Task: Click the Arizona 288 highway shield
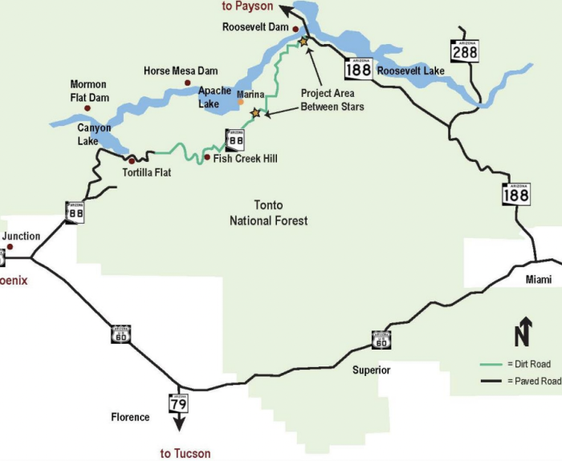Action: pyautogui.click(x=465, y=51)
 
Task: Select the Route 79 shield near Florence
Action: pyautogui.click(x=177, y=402)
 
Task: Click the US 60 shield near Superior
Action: pyautogui.click(x=382, y=340)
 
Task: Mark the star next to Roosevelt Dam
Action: pyautogui.click(x=303, y=40)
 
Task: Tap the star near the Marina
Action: pyautogui.click(x=256, y=113)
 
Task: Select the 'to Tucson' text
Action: pyautogui.click(x=185, y=453)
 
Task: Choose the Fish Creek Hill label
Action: pyautogui.click(x=245, y=159)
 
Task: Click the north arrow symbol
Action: pyautogui.click(x=523, y=330)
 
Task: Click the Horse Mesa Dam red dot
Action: pyautogui.click(x=187, y=83)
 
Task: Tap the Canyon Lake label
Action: pyautogui.click(x=94, y=135)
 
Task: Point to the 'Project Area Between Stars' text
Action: pyautogui.click(x=332, y=100)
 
